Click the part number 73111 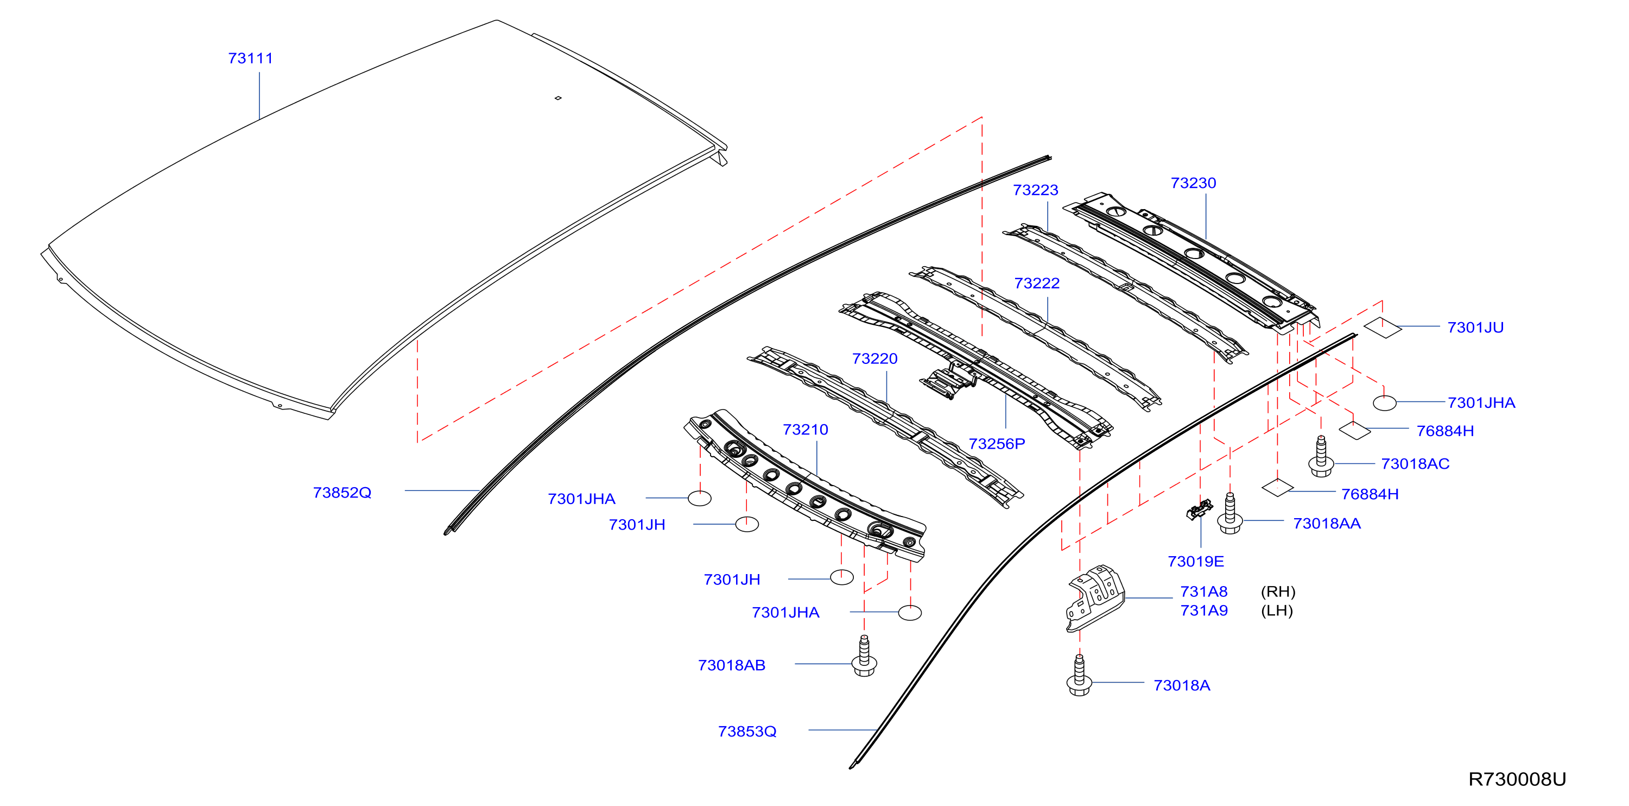[x=250, y=58]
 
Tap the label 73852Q [x=342, y=493]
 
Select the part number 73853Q [x=747, y=732]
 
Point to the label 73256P [x=997, y=444]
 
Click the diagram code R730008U [x=1517, y=779]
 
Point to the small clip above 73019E [x=1200, y=509]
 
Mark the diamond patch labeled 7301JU [x=1383, y=327]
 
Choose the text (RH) [x=1278, y=591]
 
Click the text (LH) [x=1277, y=610]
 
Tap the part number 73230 [x=1193, y=183]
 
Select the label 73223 [x=1035, y=190]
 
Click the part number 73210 [x=805, y=430]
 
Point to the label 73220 [x=874, y=358]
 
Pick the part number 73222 [x=1036, y=283]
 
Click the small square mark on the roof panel [x=558, y=98]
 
